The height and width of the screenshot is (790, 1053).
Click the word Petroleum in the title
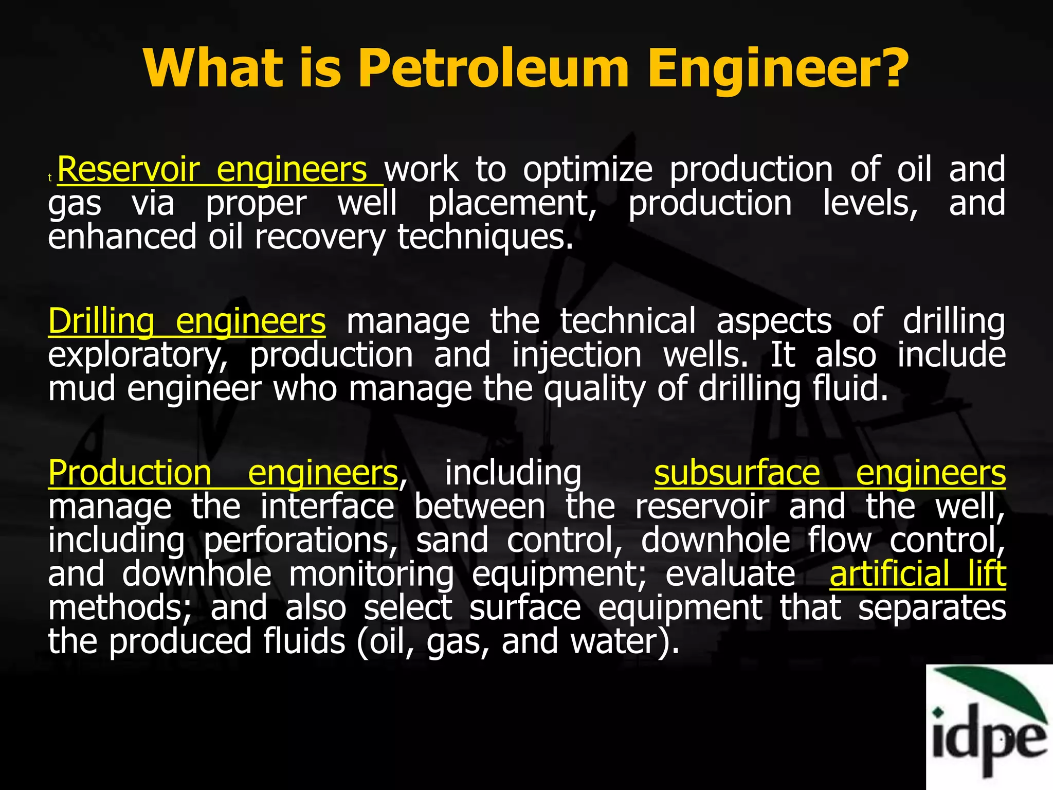[x=493, y=68]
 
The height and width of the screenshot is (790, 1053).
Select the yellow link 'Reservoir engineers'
[x=220, y=170]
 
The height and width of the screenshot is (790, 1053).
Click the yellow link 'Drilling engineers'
[x=187, y=321]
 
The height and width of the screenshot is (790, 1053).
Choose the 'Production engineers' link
[x=223, y=473]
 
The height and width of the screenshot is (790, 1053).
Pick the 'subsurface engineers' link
[x=829, y=473]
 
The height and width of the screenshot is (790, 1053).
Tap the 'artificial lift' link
[x=917, y=574]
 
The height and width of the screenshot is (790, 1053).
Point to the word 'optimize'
[x=588, y=170]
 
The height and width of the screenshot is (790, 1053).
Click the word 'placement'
[x=512, y=204]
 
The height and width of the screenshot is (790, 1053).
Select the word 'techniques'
[x=484, y=237]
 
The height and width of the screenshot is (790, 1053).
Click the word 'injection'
[x=576, y=355]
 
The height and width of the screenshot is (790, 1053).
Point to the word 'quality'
[x=594, y=389]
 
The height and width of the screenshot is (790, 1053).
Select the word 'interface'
[x=327, y=507]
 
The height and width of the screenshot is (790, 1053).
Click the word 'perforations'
[x=300, y=541]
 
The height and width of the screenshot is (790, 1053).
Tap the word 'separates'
[x=932, y=608]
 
